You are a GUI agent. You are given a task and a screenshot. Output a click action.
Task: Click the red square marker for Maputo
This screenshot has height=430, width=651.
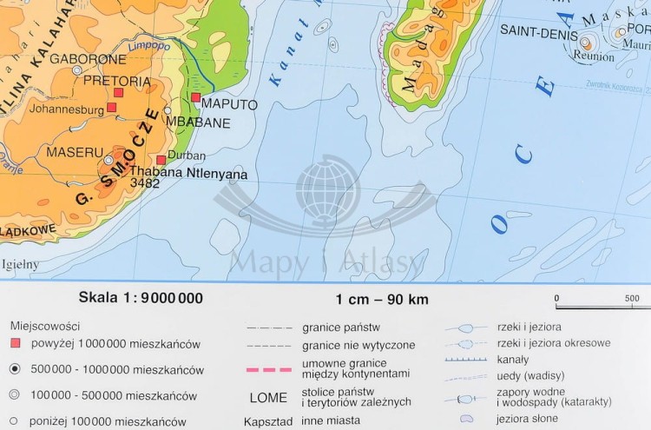[x=196, y=97]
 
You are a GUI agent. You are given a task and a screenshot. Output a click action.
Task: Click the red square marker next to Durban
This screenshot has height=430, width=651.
[x=161, y=160]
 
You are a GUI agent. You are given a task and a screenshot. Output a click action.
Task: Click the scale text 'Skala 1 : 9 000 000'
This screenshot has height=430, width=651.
[x=141, y=298]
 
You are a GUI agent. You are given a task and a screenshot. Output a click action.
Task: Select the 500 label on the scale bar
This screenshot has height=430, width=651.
[x=631, y=299]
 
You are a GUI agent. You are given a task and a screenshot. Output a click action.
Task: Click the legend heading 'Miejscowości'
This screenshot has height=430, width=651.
[x=44, y=326]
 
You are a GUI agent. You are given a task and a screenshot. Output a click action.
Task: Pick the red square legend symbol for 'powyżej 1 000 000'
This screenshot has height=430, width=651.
[x=14, y=344]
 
